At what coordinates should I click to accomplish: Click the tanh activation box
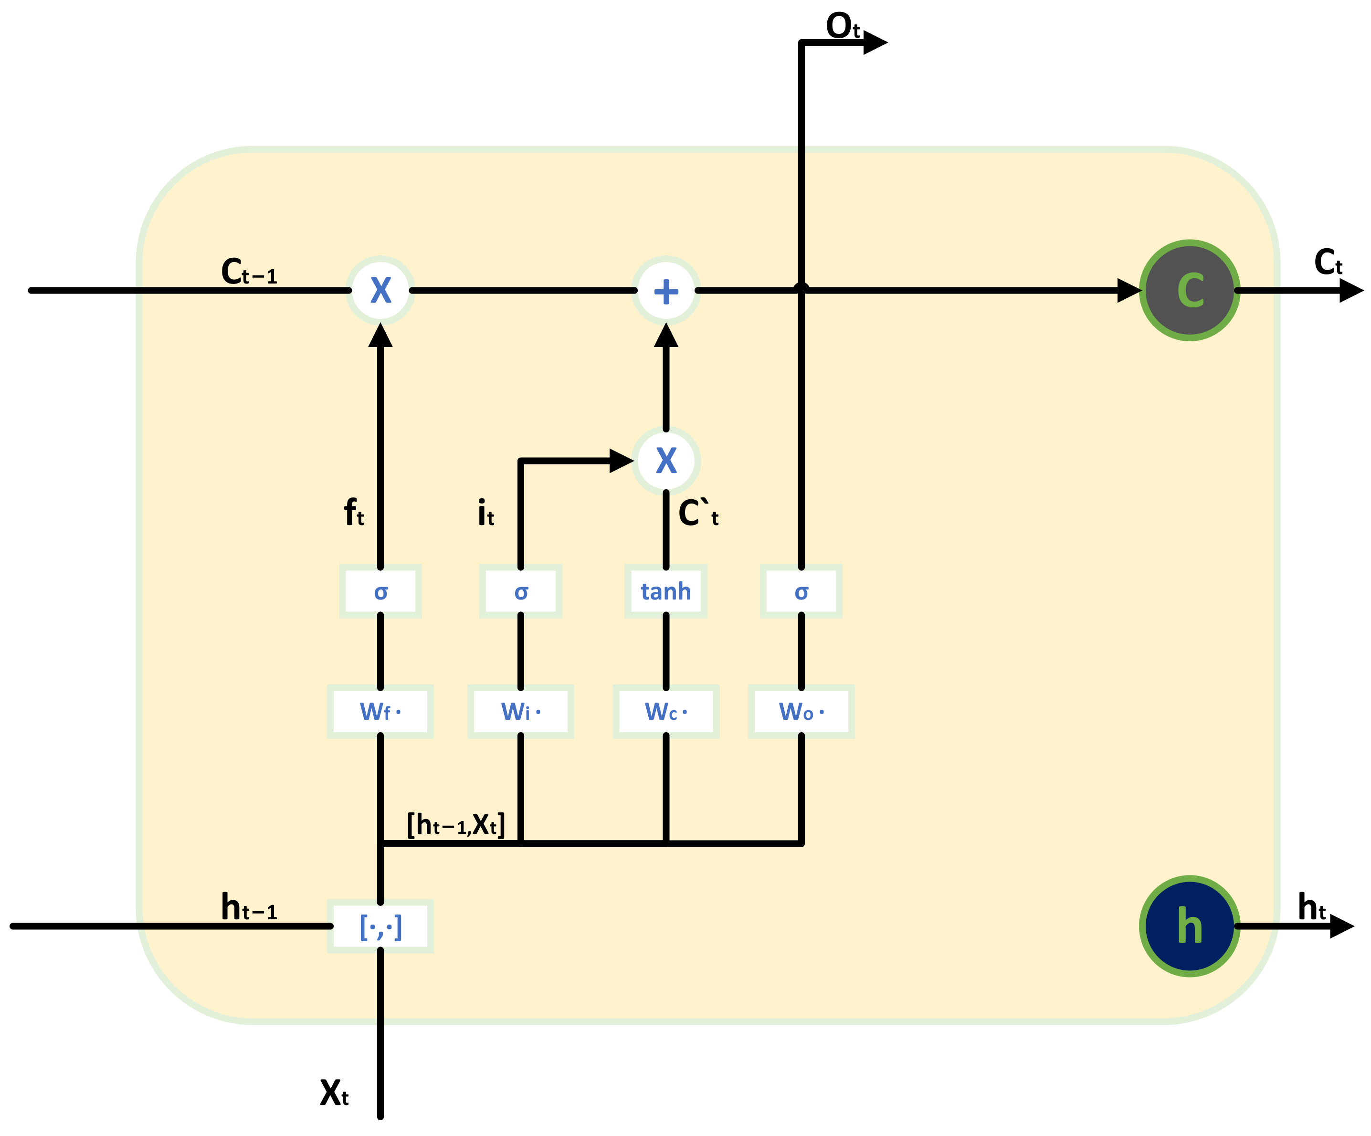click(x=666, y=591)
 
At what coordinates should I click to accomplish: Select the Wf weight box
click(x=380, y=712)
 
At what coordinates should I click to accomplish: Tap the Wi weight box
click(x=520, y=712)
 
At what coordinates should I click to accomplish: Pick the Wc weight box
click(x=666, y=712)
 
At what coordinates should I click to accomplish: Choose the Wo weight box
click(x=801, y=712)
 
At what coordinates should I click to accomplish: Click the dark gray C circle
click(x=1190, y=291)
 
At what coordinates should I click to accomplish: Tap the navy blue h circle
click(x=1190, y=926)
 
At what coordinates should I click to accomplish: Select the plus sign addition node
click(x=666, y=291)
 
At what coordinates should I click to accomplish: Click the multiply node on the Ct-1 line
click(x=380, y=291)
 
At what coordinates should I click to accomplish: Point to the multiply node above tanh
click(x=666, y=461)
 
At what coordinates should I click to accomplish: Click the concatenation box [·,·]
click(x=380, y=926)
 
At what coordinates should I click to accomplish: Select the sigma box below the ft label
click(x=380, y=591)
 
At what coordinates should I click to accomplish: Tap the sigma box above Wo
click(x=801, y=591)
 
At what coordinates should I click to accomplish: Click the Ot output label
click(x=842, y=26)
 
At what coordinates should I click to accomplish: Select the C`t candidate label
click(x=697, y=513)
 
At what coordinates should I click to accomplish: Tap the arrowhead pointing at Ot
click(x=875, y=43)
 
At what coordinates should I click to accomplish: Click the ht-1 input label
click(x=249, y=907)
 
